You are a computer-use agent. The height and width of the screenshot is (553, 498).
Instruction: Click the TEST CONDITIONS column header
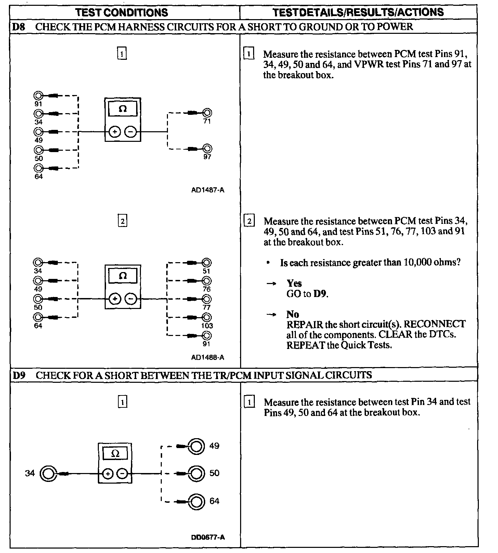pyautogui.click(x=122, y=13)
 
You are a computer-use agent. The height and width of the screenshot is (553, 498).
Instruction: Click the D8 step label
pyautogui.click(x=18, y=27)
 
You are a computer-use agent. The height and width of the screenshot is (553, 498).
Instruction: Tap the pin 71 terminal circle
pyautogui.click(x=207, y=113)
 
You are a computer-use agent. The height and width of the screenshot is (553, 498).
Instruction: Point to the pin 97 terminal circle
pyautogui.click(x=207, y=149)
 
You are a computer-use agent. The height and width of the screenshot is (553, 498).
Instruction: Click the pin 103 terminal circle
pyautogui.click(x=207, y=318)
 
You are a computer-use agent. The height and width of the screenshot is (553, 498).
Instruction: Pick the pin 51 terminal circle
pyautogui.click(x=207, y=263)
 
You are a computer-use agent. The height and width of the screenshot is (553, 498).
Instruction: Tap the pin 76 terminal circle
pyautogui.click(x=207, y=281)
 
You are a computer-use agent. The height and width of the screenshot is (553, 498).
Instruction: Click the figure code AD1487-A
pyautogui.click(x=208, y=190)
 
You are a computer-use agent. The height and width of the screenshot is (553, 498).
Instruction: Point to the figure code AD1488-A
pyautogui.click(x=208, y=358)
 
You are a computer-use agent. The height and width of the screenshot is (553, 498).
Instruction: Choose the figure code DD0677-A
pyautogui.click(x=208, y=537)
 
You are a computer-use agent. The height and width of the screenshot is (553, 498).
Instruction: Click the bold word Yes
pyautogui.click(x=294, y=283)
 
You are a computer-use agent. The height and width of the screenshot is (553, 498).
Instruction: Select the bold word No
pyautogui.click(x=292, y=314)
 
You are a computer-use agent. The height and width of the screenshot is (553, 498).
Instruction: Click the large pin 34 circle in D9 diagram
pyautogui.click(x=48, y=474)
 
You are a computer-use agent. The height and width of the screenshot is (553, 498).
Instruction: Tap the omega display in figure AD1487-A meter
pyautogui.click(x=122, y=109)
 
